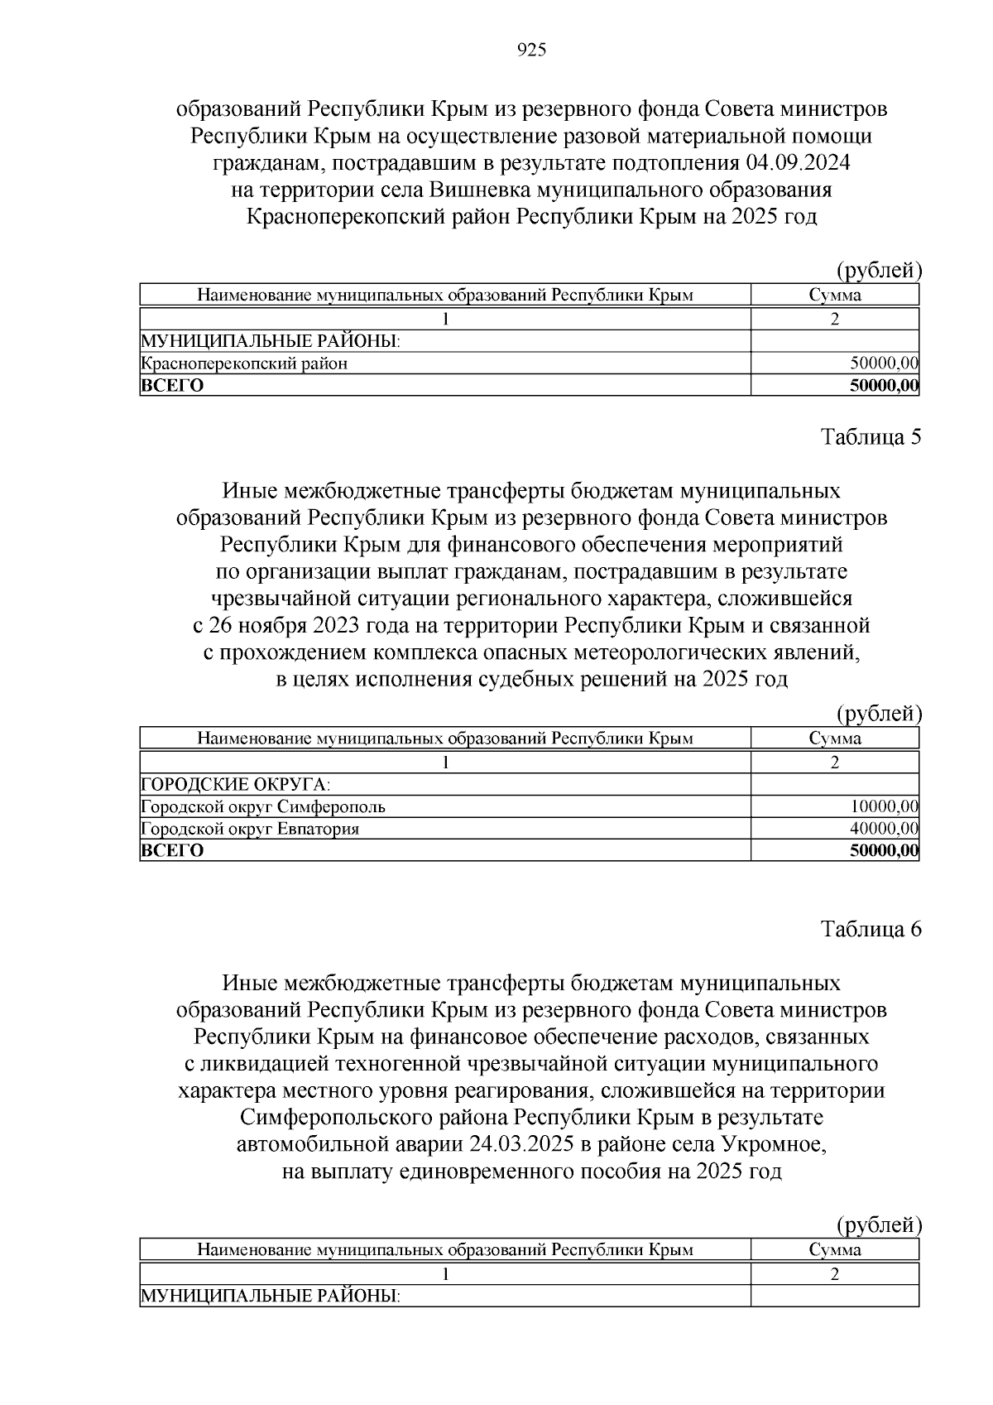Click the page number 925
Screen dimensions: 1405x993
[531, 51]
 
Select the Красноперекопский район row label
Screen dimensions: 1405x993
[244, 363]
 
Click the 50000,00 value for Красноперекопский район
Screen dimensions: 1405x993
[884, 363]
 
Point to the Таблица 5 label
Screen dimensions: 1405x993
[871, 437]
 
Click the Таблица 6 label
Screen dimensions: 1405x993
[871, 929]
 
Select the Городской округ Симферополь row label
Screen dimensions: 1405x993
[263, 806]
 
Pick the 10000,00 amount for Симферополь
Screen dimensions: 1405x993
[884, 806]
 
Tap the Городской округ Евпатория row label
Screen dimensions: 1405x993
[250, 829]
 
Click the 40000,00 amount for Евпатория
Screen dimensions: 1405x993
[884, 829]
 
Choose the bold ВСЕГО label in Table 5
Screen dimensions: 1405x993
[172, 850]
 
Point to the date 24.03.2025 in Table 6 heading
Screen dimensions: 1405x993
[522, 1145]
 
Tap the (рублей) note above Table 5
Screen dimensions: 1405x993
[879, 713]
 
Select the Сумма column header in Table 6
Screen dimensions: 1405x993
[835, 1250]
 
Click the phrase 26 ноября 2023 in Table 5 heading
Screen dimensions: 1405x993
[277, 625]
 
